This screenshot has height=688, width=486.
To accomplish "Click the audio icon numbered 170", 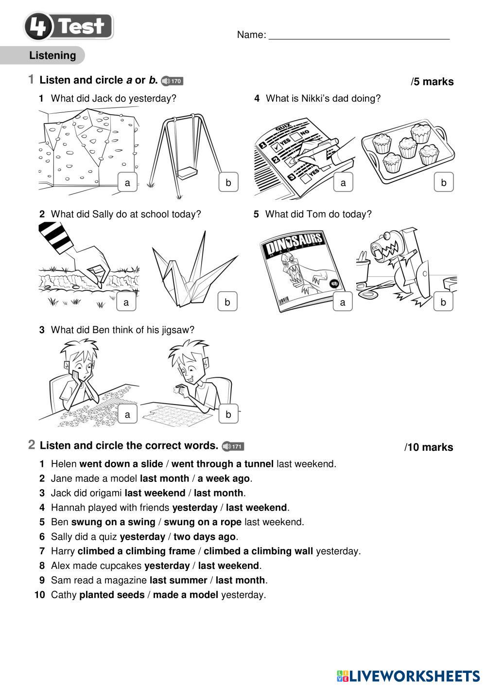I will click(x=172, y=81).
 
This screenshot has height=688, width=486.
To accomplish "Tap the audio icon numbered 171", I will click(x=233, y=446).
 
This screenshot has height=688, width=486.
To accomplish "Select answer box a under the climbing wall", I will click(x=127, y=183).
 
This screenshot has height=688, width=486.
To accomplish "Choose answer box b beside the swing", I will click(x=228, y=183).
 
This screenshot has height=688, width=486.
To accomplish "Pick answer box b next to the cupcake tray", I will click(x=443, y=183).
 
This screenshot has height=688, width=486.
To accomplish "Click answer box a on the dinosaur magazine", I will click(x=343, y=302).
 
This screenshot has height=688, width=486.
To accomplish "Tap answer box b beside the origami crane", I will click(x=227, y=302).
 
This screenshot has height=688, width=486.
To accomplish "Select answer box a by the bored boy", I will click(x=127, y=415).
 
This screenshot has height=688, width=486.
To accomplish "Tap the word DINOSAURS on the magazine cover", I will click(x=294, y=243).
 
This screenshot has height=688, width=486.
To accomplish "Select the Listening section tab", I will click(x=52, y=55).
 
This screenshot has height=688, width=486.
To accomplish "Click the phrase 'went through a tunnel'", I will click(x=222, y=464).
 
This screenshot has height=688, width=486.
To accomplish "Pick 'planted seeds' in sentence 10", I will click(x=112, y=595).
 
